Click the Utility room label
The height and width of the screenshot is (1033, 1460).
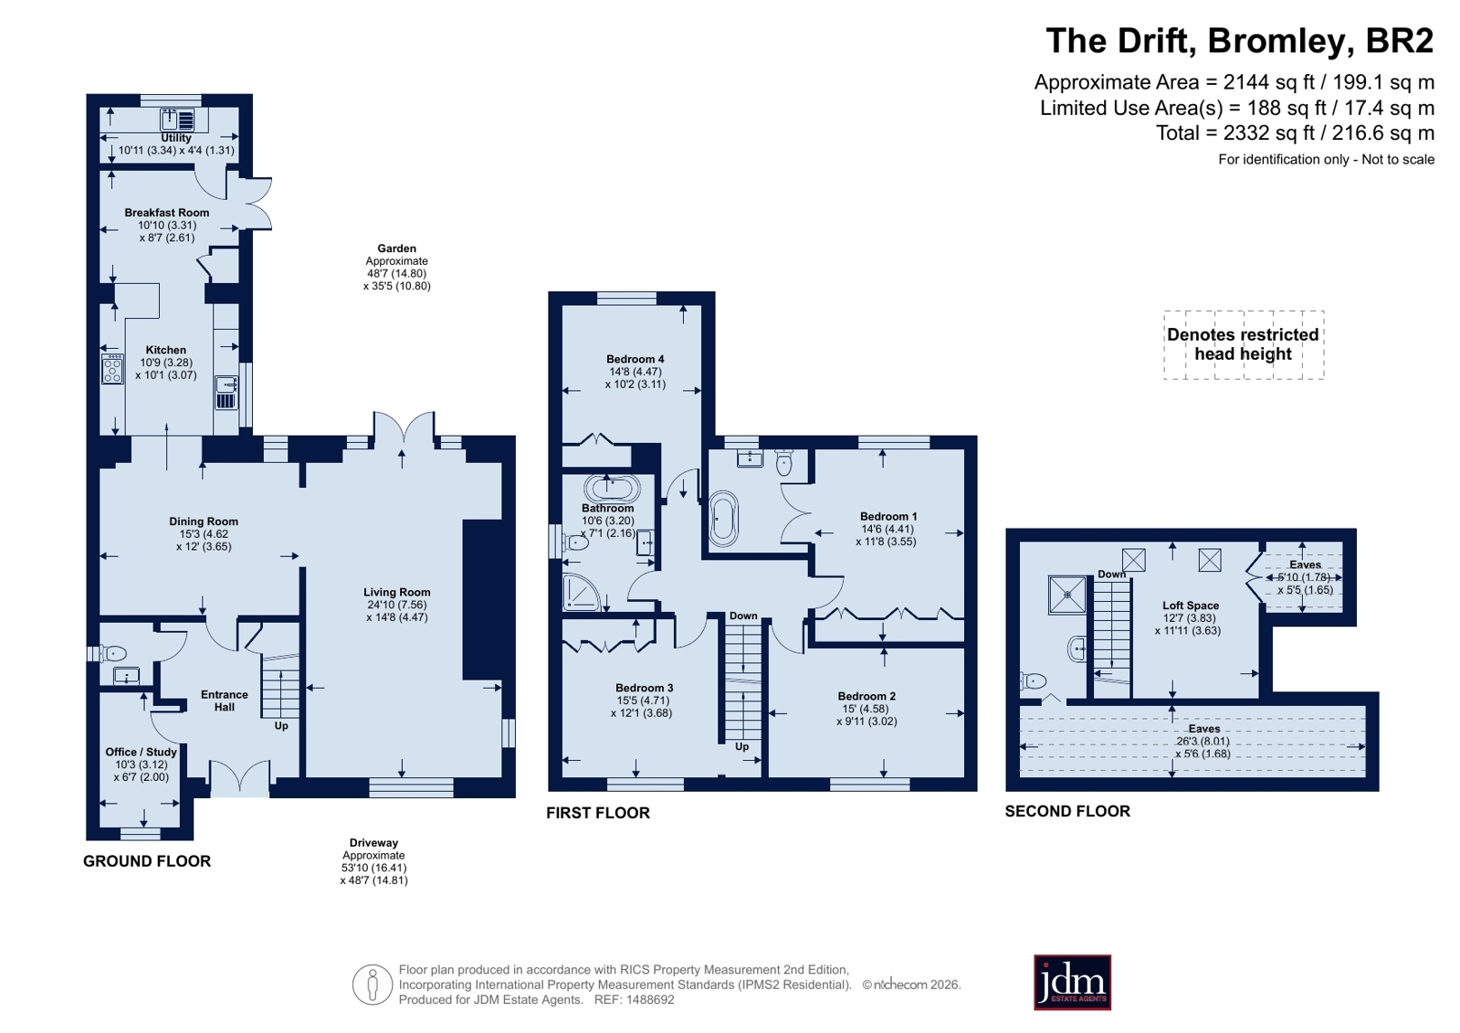click(x=176, y=138)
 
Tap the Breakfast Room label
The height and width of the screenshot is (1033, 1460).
click(x=167, y=213)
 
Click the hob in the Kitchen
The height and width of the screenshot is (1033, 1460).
click(x=112, y=368)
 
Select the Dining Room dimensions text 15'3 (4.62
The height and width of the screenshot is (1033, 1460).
click(x=204, y=534)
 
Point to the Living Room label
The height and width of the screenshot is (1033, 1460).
click(x=397, y=592)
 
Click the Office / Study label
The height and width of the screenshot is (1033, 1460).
click(x=141, y=752)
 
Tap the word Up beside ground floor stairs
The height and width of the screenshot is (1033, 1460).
click(x=281, y=725)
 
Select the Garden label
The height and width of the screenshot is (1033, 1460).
click(x=396, y=248)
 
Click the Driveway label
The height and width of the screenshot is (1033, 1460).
click(x=373, y=843)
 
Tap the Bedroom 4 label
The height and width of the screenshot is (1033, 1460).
click(x=635, y=359)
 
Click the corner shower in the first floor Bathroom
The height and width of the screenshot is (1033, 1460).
click(x=582, y=592)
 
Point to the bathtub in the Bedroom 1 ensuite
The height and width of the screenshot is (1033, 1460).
click(x=723, y=519)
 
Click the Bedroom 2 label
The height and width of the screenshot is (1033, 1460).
click(x=867, y=696)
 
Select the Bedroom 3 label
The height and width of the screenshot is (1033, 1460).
click(x=644, y=688)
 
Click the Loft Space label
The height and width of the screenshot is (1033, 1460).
click(x=1190, y=606)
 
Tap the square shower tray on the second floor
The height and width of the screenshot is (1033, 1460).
click(x=1067, y=595)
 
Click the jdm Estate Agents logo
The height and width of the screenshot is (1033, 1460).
click(x=1072, y=982)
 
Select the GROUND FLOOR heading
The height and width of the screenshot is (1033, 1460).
click(x=147, y=860)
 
